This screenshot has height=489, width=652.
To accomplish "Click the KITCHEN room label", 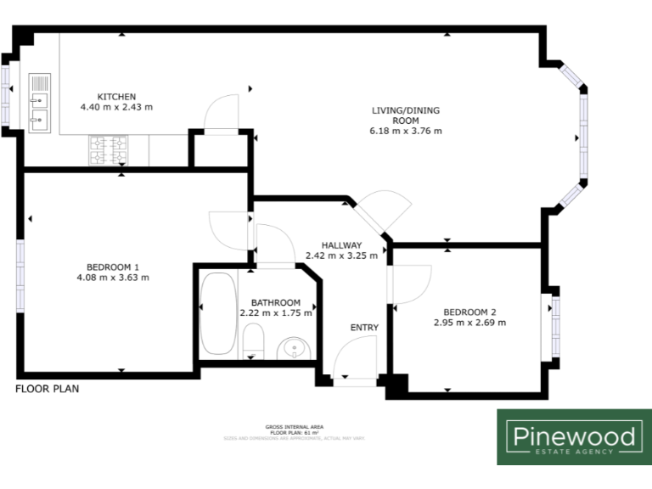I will tap(116, 97).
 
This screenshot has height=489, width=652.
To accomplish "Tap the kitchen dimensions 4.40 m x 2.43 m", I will tap(116, 108).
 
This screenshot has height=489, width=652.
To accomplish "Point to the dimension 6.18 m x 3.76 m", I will tap(406, 131).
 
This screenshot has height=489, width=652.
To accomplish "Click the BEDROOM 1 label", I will tap(113, 266).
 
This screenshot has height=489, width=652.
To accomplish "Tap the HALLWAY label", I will tap(341, 244).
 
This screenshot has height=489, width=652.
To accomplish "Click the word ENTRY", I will tap(364, 328).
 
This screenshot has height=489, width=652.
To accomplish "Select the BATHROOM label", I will tap(275, 302).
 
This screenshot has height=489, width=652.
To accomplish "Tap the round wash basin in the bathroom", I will tap(295, 346).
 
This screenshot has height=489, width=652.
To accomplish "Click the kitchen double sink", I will tap(40, 104).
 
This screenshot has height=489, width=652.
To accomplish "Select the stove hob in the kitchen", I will tap(108, 151).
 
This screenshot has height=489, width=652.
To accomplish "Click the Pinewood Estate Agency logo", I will tap(573, 437).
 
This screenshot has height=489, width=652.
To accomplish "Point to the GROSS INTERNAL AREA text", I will tap(294, 426).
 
